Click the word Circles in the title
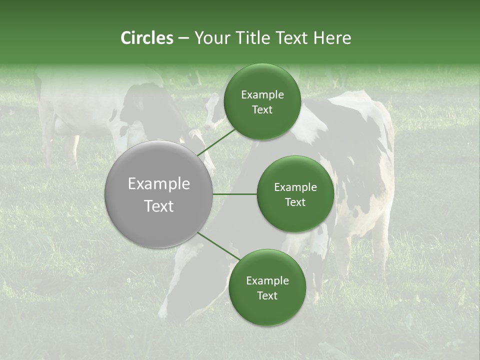[146, 38]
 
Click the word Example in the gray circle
[159, 184]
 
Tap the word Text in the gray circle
[159, 206]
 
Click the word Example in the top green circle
[262, 95]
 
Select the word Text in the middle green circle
[295, 202]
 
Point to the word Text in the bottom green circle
[267, 296]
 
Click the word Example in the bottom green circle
[267, 281]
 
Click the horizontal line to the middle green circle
[234, 194]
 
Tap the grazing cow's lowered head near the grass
[175, 295]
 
